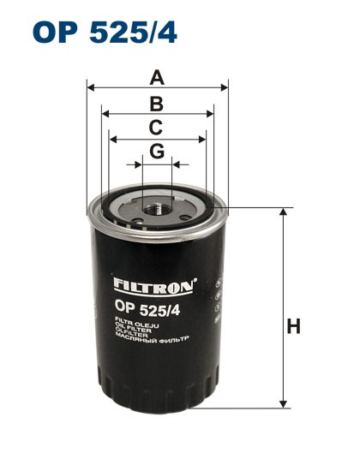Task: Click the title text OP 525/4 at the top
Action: click(x=104, y=33)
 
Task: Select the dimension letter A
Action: click(x=157, y=77)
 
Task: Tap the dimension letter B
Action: click(x=157, y=104)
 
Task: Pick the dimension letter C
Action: click(x=156, y=128)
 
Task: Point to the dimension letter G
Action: click(x=156, y=152)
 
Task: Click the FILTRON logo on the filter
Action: click(x=155, y=282)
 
